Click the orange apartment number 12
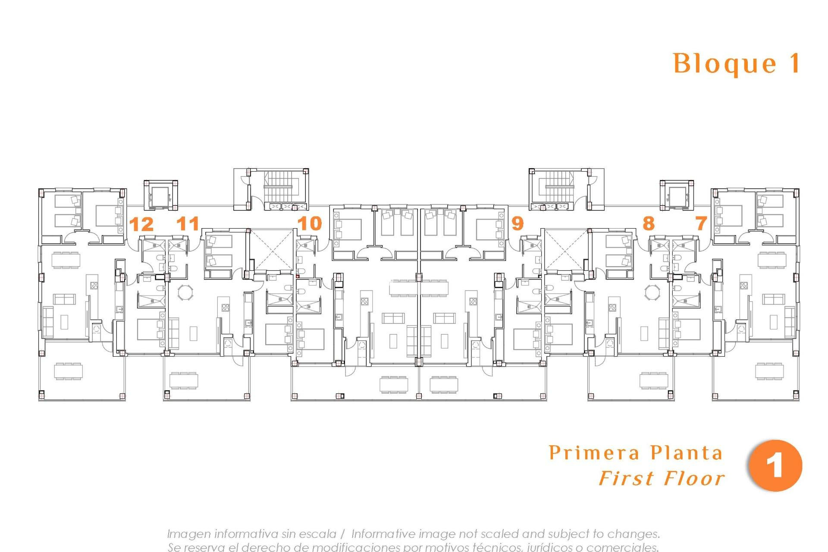click(x=141, y=224)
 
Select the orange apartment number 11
click(x=188, y=223)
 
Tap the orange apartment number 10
click(x=310, y=223)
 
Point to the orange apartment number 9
click(x=517, y=223)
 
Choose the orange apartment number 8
click(x=648, y=223)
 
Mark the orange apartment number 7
click(x=701, y=223)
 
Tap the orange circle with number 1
click(x=775, y=466)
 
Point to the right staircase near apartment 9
click(x=559, y=187)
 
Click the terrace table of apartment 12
click(x=68, y=371)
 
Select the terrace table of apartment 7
click(x=770, y=371)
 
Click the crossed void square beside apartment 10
click(x=270, y=250)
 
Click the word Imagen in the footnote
click(x=189, y=534)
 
